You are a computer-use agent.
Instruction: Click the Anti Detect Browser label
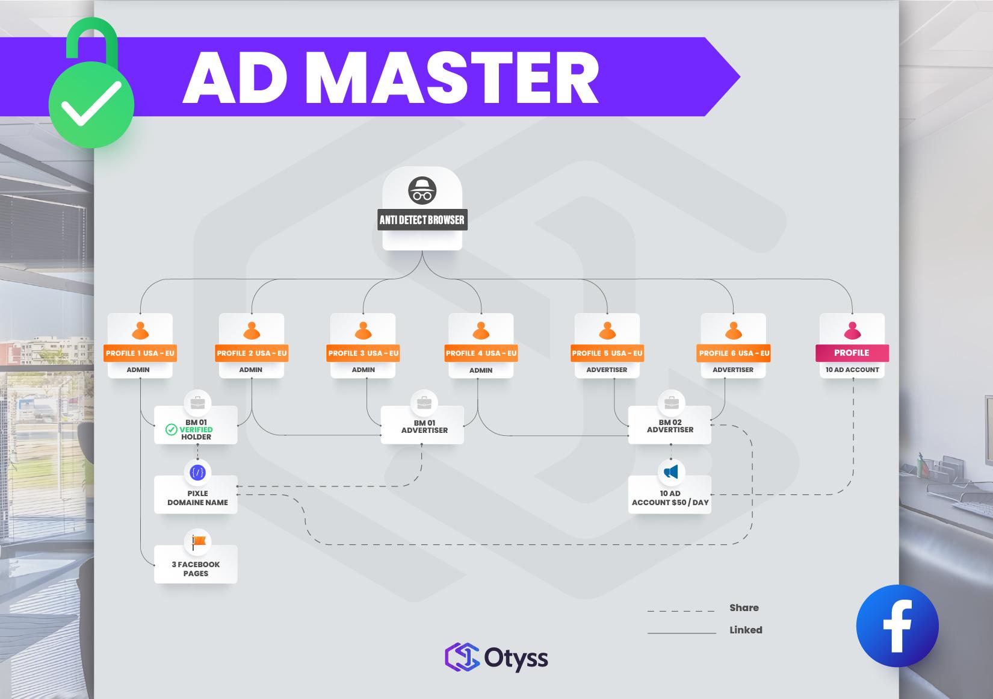pyautogui.click(x=422, y=220)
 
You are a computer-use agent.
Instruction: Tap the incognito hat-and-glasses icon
pyautogui.click(x=422, y=191)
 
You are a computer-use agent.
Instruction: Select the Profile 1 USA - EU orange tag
pyautogui.click(x=140, y=353)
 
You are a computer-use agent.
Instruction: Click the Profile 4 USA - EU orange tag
pyautogui.click(x=481, y=353)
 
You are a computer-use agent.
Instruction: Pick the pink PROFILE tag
pyautogui.click(x=852, y=353)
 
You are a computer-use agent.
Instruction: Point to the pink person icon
pyautogui.click(x=852, y=331)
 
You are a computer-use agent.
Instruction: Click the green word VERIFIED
pyautogui.click(x=196, y=430)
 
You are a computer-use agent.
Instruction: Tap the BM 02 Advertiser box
pyautogui.click(x=670, y=426)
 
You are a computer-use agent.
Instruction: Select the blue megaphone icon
pyautogui.click(x=671, y=471)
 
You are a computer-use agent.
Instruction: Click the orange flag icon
pyautogui.click(x=198, y=542)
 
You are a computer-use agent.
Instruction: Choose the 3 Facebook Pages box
pyautogui.click(x=196, y=569)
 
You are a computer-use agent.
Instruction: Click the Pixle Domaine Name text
pyautogui.click(x=197, y=498)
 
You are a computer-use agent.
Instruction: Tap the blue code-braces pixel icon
pyautogui.click(x=197, y=473)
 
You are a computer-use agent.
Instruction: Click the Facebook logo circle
pyautogui.click(x=897, y=626)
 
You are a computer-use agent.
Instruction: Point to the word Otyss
pyautogui.click(x=516, y=658)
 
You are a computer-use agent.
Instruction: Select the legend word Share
pyautogui.click(x=744, y=608)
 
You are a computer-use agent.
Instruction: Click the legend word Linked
pyautogui.click(x=746, y=630)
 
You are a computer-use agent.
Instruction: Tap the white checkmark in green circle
pyautogui.click(x=91, y=104)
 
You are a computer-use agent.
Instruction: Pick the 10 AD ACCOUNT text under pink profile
pyautogui.click(x=852, y=370)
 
